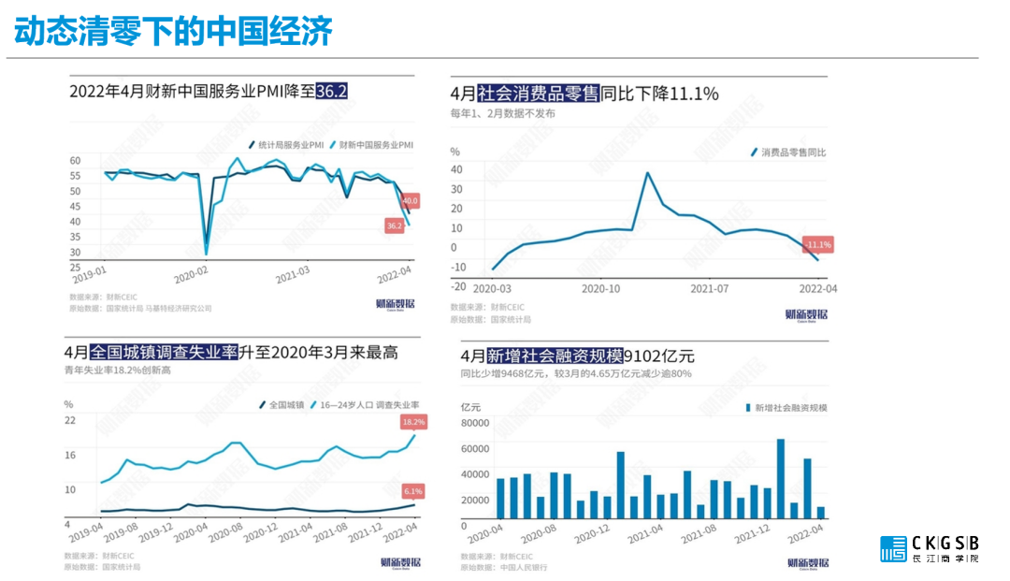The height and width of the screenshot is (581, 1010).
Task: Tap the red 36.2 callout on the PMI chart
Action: [394, 225]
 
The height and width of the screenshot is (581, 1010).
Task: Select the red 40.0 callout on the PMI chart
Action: [410, 200]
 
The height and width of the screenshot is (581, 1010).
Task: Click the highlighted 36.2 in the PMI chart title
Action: [332, 92]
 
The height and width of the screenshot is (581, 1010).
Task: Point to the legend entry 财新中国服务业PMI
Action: [370, 145]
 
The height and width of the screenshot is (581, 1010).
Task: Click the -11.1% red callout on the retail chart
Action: [818, 244]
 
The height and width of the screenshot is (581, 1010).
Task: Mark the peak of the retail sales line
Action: [647, 173]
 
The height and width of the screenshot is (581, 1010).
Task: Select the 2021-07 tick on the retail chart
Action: [708, 289]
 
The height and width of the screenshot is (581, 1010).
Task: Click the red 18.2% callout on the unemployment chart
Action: [413, 422]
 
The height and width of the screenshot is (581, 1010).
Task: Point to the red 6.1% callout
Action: [413, 490]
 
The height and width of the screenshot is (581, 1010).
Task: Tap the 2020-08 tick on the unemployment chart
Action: [225, 534]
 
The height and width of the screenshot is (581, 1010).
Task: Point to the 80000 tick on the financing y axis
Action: [477, 422]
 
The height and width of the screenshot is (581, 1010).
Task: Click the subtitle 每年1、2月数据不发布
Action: [502, 113]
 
